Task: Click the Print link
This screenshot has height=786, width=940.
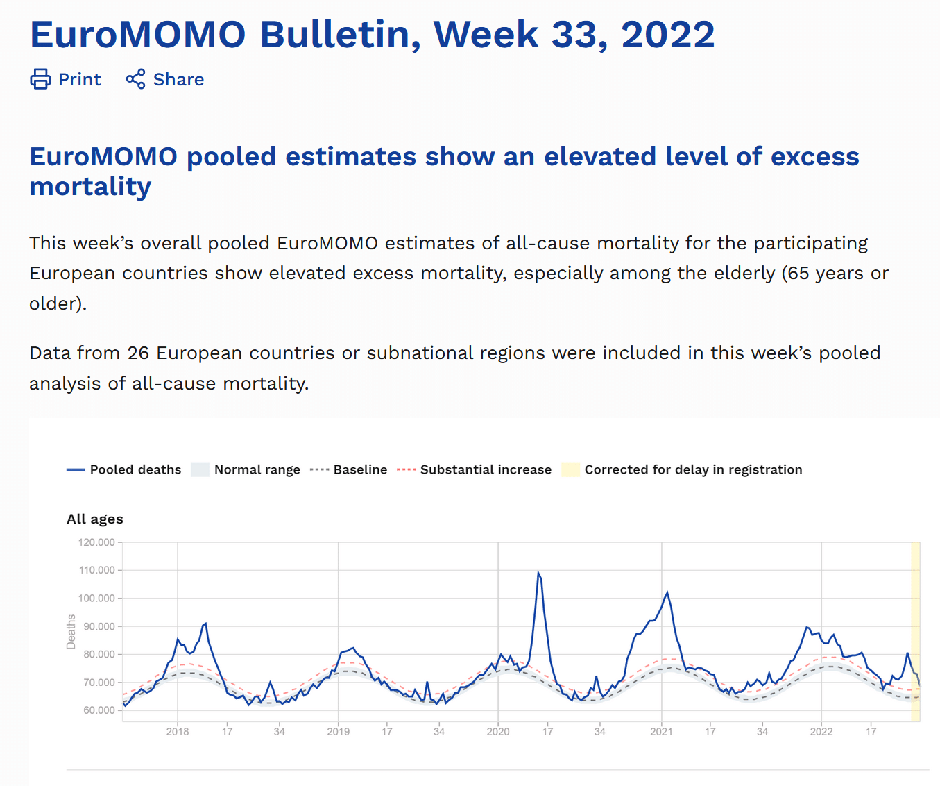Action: [x=79, y=80]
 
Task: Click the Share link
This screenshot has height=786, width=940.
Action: [x=178, y=80]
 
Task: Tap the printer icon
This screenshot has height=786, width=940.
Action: [x=40, y=79]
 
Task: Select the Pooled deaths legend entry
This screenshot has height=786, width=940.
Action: [x=135, y=470]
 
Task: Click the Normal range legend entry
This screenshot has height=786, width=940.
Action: [x=257, y=470]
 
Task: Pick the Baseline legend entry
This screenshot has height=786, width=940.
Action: [x=360, y=470]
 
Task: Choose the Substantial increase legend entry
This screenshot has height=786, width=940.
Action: [x=486, y=470]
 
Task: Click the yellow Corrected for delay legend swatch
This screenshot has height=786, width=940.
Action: [x=570, y=470]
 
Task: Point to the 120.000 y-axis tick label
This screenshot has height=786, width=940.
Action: [x=96, y=542]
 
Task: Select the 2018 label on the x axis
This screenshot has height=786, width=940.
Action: [x=178, y=732]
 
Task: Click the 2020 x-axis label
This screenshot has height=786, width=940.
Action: [x=498, y=732]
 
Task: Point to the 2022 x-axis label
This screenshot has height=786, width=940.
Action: [x=821, y=732]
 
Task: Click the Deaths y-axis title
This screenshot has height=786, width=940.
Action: [x=71, y=632]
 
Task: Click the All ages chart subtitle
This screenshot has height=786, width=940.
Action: [x=95, y=519]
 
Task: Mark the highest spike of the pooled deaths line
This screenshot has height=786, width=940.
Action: [x=538, y=572]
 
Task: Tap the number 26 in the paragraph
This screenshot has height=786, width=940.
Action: [x=138, y=353]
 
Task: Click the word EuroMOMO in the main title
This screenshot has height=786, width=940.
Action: [x=138, y=35]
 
